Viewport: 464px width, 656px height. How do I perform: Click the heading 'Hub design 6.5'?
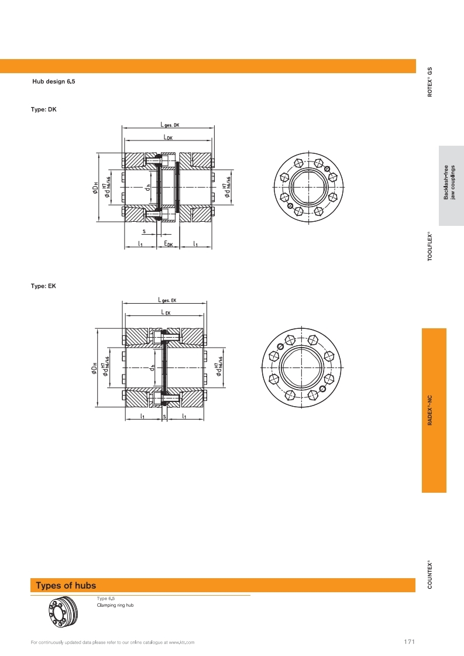(x=54, y=81)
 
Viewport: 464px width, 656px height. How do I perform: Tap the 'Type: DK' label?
(x=43, y=109)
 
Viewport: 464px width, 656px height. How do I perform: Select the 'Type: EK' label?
(x=43, y=286)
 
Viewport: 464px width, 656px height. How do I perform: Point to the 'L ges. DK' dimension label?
(x=170, y=125)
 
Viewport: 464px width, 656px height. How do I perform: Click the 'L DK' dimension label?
(x=168, y=137)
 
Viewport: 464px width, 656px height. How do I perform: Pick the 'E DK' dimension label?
(x=168, y=243)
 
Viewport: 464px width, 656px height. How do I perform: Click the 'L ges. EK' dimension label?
(x=167, y=300)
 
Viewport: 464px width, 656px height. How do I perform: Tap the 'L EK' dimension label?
(x=166, y=312)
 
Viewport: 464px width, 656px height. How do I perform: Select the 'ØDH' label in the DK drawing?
(x=95, y=188)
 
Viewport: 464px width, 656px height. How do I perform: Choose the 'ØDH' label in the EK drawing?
(x=95, y=368)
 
